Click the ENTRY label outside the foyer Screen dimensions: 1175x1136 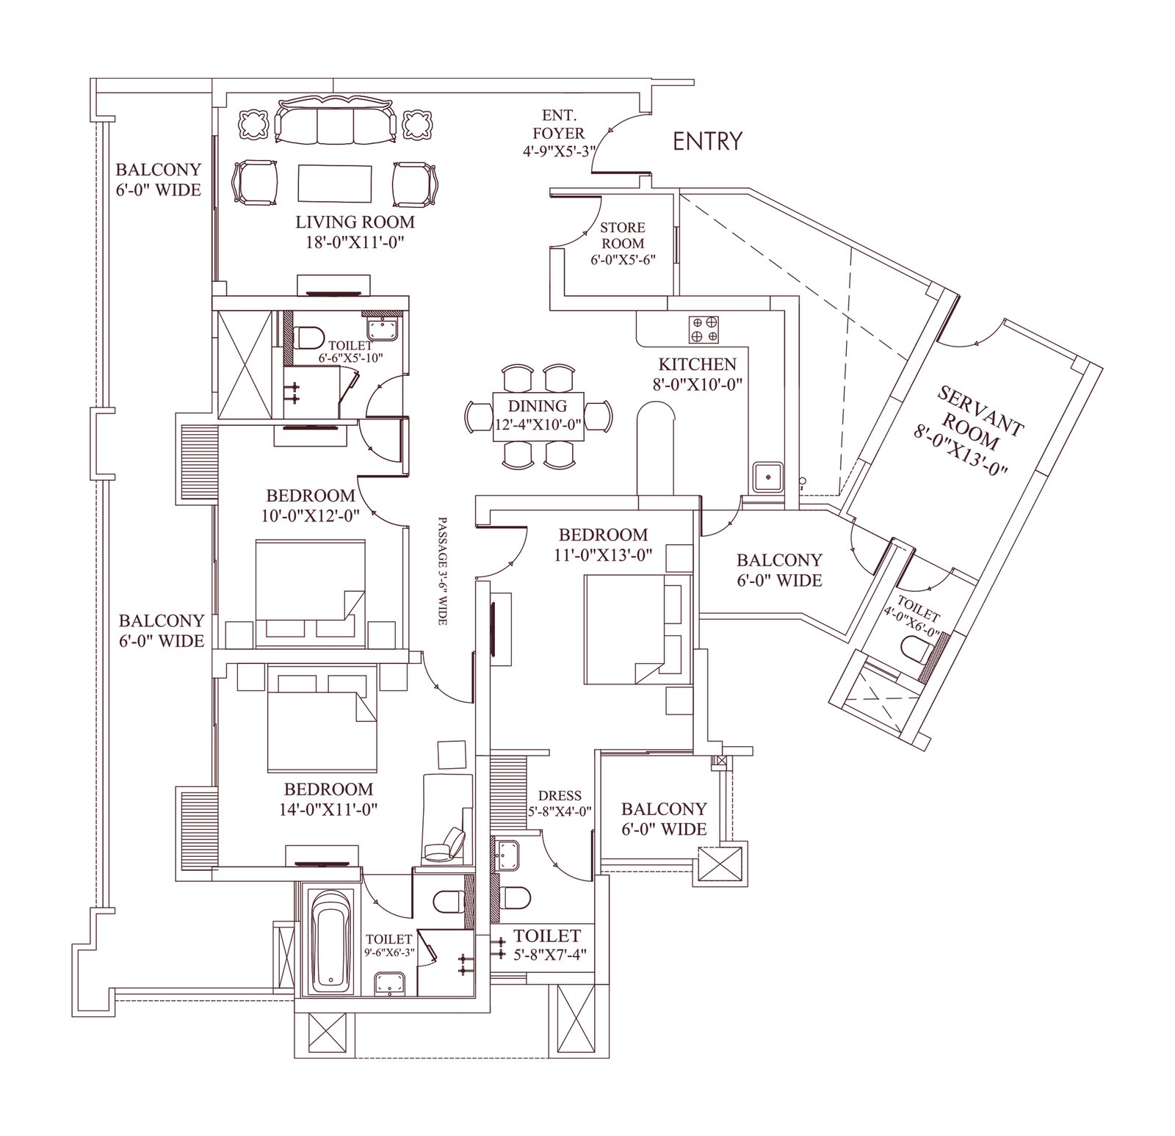tap(707, 141)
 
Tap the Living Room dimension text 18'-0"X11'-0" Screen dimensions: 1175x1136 tap(355, 242)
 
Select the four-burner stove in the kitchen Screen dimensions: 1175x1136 tap(704, 329)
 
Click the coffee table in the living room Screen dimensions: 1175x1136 tap(335, 183)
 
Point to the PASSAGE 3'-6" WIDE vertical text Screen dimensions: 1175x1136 tap(443, 569)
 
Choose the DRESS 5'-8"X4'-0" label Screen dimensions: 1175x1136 tap(560, 803)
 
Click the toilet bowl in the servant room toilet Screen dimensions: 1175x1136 tap(915, 649)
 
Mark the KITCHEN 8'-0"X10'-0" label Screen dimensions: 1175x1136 tap(697, 374)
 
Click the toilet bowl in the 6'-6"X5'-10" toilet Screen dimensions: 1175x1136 tap(309, 338)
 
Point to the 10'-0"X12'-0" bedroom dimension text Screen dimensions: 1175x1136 tap(310, 515)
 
